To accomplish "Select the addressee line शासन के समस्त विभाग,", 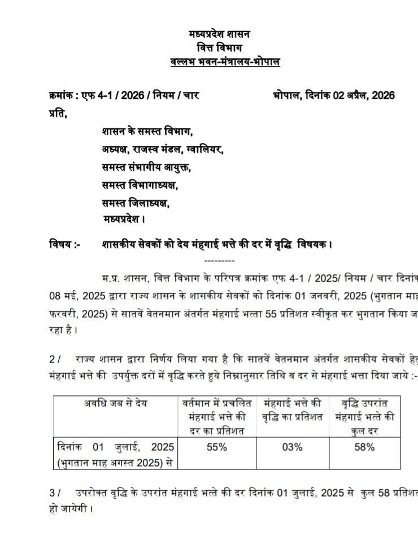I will (147, 132).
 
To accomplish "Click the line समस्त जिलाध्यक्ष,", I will (136, 202).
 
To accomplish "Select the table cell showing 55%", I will (216, 447).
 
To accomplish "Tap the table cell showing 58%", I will (365, 447).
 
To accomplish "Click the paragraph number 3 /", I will (54, 493).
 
